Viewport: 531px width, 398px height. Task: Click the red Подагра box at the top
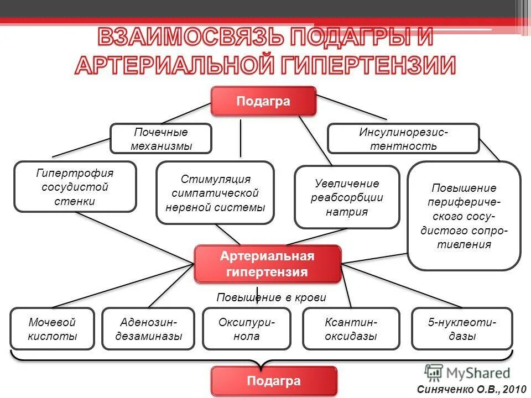[x=263, y=102]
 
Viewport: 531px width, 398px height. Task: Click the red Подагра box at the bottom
[x=274, y=381]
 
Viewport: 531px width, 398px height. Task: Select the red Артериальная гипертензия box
[x=267, y=264]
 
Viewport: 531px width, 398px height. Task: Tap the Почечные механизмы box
[x=161, y=139]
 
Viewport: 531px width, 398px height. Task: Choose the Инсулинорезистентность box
[x=403, y=139]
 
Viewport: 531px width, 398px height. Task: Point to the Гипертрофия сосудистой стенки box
[x=75, y=187]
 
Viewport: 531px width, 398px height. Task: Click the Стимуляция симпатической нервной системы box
[x=215, y=193]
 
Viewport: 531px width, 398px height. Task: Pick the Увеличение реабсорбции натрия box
[x=347, y=197]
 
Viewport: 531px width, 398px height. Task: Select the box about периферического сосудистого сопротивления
[x=464, y=216]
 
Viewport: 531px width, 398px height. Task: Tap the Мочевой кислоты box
[x=53, y=329]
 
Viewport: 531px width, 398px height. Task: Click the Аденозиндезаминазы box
[x=148, y=329]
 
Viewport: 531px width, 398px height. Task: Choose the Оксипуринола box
[x=247, y=329]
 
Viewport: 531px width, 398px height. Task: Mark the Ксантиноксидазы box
[x=351, y=329]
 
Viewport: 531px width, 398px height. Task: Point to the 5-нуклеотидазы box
[x=462, y=329]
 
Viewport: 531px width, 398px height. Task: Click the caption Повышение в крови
[x=271, y=297]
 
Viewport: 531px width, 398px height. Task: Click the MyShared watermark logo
[x=467, y=372]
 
